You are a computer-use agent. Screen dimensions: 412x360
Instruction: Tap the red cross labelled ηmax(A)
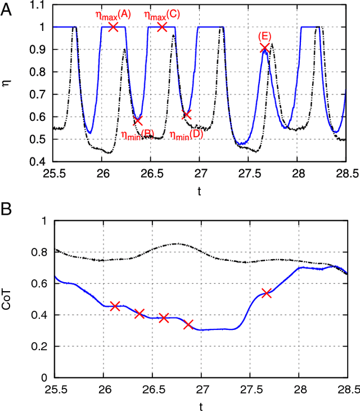(x=113, y=26)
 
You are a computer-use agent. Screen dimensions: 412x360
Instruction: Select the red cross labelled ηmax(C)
(x=162, y=26)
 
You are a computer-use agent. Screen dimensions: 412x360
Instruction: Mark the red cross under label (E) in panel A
(x=265, y=49)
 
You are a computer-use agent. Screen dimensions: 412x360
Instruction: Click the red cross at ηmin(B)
(x=138, y=120)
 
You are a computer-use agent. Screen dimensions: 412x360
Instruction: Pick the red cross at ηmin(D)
(x=186, y=114)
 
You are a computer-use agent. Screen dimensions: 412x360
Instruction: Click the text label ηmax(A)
(x=114, y=15)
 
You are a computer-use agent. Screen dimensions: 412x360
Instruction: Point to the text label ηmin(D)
(x=186, y=134)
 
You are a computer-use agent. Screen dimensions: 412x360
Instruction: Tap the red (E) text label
(x=264, y=36)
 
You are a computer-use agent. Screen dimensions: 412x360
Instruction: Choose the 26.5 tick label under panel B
(x=152, y=389)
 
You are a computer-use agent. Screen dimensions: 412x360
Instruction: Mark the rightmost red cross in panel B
(x=266, y=293)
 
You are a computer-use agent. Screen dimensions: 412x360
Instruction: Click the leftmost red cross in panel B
(x=115, y=306)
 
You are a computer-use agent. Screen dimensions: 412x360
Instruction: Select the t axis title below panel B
(x=201, y=406)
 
